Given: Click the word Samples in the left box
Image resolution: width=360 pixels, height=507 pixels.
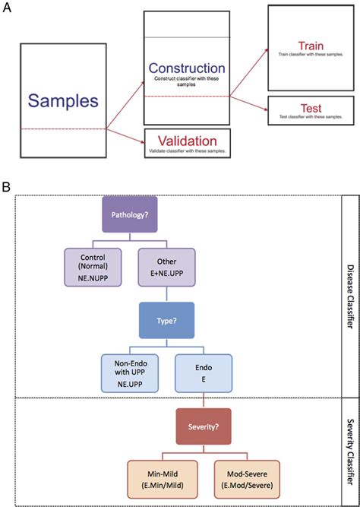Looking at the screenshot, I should coord(64,100).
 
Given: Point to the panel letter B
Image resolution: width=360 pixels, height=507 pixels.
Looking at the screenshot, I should coord(7,186).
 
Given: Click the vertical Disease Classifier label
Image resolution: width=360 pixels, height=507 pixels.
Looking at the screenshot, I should coord(349,297).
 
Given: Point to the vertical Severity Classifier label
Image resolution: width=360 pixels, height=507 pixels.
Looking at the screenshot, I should coord(349,448).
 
